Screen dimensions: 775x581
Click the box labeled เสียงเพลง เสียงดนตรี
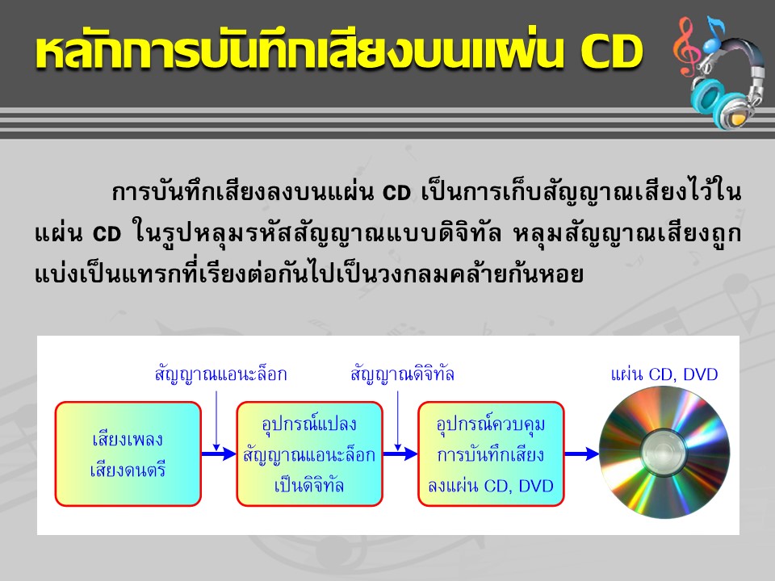click(128, 454)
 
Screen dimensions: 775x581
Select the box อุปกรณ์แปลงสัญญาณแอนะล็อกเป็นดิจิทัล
click(309, 454)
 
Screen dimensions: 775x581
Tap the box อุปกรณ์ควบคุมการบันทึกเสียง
click(491, 454)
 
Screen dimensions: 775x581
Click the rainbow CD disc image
click(664, 453)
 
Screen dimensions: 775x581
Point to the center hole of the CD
click(664, 453)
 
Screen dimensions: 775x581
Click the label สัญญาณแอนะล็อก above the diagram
click(221, 374)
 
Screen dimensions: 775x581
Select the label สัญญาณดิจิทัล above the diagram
click(402, 374)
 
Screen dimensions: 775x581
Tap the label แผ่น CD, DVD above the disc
click(664, 374)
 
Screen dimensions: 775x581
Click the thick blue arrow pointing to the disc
click(582, 454)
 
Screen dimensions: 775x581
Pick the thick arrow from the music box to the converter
click(219, 454)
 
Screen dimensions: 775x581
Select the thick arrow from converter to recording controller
click(400, 454)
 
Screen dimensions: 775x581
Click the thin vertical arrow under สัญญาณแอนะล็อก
click(216, 420)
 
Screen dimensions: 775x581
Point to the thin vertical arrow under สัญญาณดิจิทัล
click(398, 420)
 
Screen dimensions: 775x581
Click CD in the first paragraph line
click(397, 193)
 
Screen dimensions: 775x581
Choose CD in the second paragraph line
click(107, 234)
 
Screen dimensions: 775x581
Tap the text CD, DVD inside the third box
click(518, 486)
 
